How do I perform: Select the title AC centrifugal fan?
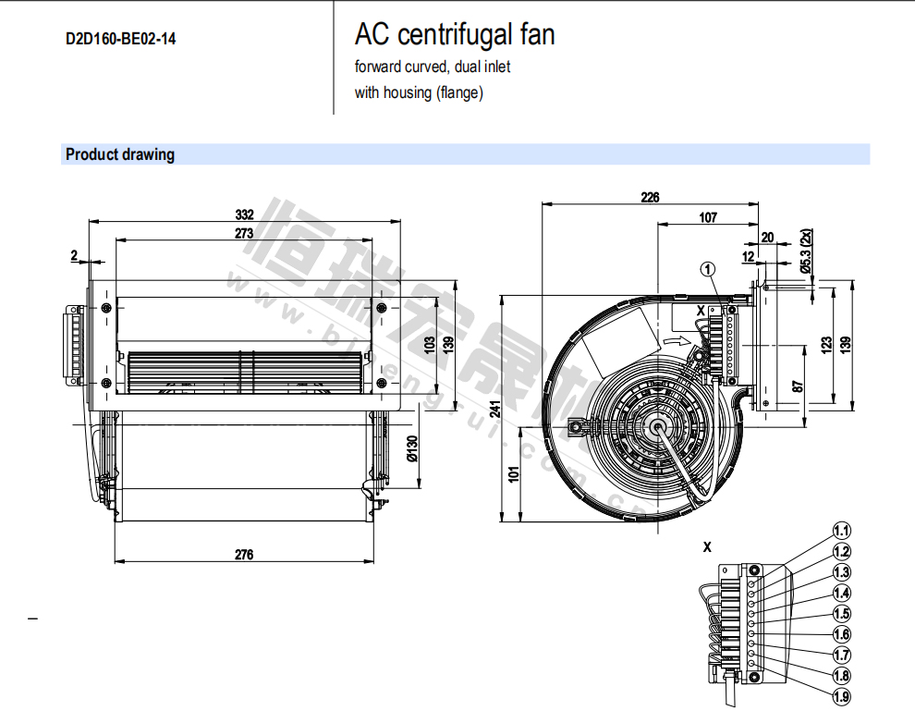pyautogui.click(x=455, y=35)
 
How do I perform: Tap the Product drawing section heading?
pyautogui.click(x=120, y=154)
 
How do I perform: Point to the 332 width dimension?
pyautogui.click(x=245, y=214)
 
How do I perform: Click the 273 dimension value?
pyautogui.click(x=244, y=233)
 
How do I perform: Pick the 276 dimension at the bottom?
pyautogui.click(x=244, y=555)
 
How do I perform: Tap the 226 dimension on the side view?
pyautogui.click(x=650, y=197)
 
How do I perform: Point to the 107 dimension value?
pyautogui.click(x=708, y=217)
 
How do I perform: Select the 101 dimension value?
pyautogui.click(x=514, y=473)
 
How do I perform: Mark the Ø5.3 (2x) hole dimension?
pyautogui.click(x=806, y=251)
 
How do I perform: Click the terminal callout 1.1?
pyautogui.click(x=841, y=532)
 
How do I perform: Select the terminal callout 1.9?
pyautogui.click(x=841, y=697)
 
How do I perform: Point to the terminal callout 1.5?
pyautogui.click(x=841, y=614)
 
